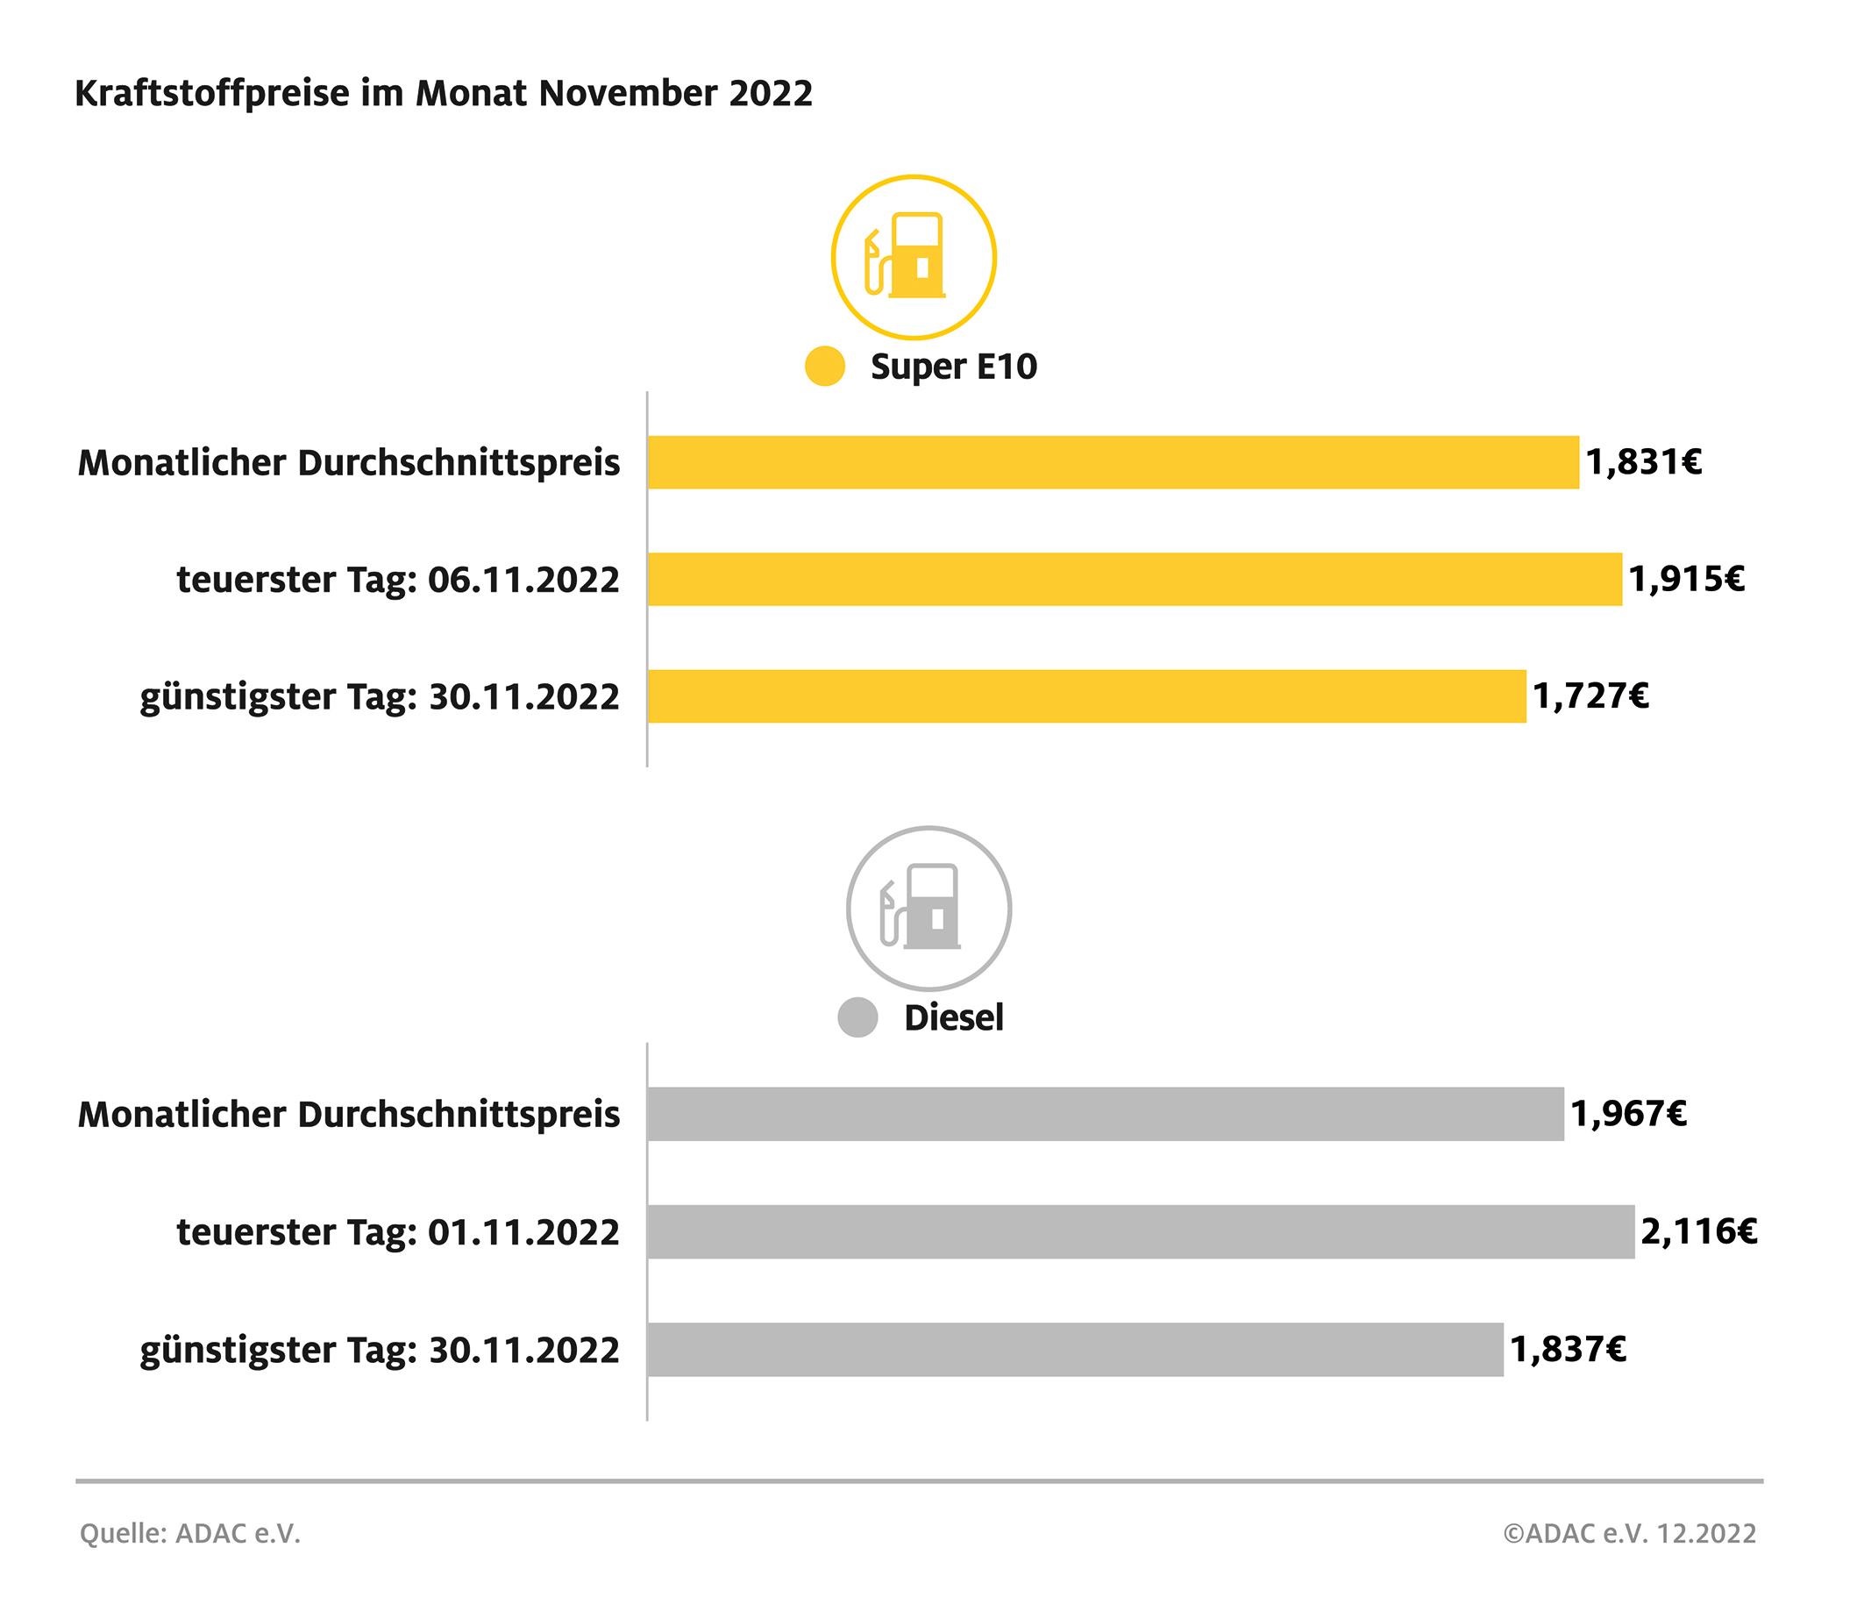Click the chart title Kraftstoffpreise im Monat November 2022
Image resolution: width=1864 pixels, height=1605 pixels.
click(444, 94)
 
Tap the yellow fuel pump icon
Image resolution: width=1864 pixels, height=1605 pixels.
click(913, 257)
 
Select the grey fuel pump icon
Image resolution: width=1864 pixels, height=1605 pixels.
click(928, 909)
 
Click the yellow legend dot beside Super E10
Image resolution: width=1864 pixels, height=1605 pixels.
click(825, 366)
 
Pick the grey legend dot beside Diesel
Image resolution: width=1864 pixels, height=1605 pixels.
click(857, 1017)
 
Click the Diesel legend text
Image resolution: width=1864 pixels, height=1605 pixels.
click(954, 1018)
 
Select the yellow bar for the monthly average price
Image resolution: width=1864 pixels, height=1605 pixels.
click(1113, 462)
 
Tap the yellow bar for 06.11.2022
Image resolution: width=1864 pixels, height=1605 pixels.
click(1135, 580)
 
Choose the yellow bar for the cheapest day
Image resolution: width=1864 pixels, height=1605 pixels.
click(1086, 696)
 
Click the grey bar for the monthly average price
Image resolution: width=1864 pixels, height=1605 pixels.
click(1106, 1114)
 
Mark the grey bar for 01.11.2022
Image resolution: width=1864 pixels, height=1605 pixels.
click(1141, 1230)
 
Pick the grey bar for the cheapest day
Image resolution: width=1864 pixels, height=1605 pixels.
click(1075, 1350)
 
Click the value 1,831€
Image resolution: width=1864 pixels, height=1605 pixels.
click(1644, 462)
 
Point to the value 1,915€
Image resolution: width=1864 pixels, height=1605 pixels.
click(1687, 580)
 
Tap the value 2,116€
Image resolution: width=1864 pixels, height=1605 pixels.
click(1698, 1230)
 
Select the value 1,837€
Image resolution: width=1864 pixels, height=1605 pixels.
click(1568, 1350)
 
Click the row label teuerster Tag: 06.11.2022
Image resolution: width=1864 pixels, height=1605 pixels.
click(398, 581)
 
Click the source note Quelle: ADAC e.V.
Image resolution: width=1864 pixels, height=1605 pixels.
click(189, 1533)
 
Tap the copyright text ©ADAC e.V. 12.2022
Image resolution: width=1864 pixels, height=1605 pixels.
click(1629, 1533)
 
